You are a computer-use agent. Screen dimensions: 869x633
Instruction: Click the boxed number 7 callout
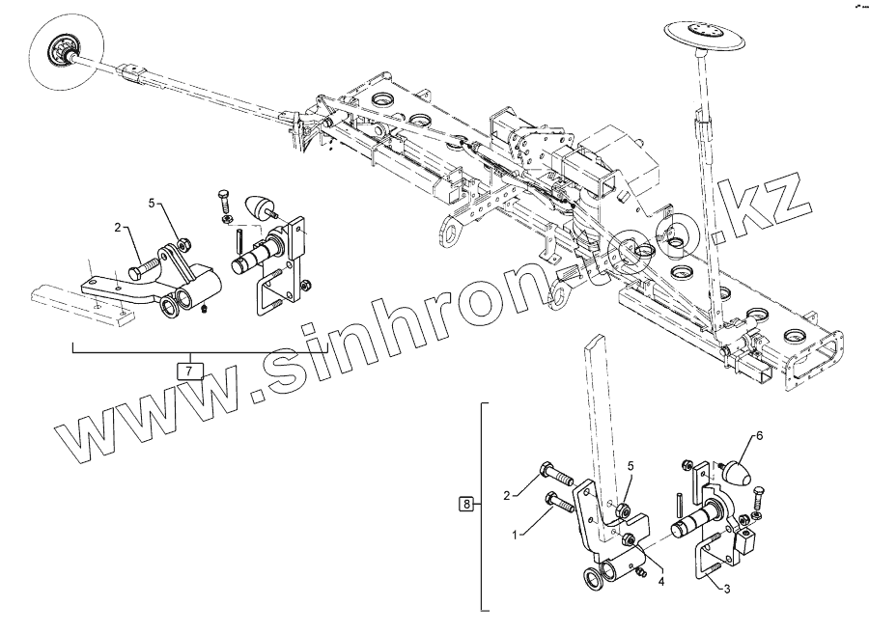(190, 368)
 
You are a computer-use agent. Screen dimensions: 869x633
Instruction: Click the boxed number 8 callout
(467, 504)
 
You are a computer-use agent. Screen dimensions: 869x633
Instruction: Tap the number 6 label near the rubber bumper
(759, 436)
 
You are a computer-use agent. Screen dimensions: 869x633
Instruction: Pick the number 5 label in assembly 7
(152, 203)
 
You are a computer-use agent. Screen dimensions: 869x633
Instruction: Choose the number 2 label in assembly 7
(118, 228)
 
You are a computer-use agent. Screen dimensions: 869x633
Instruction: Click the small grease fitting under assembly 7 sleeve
(208, 309)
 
